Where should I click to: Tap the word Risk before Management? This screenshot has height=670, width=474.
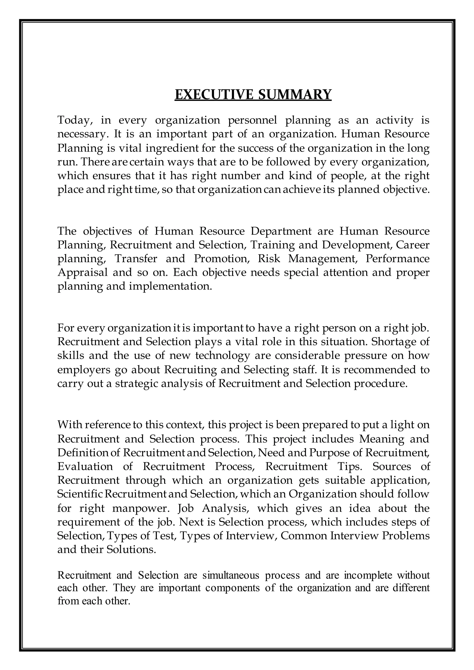pyautogui.click(x=268, y=259)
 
